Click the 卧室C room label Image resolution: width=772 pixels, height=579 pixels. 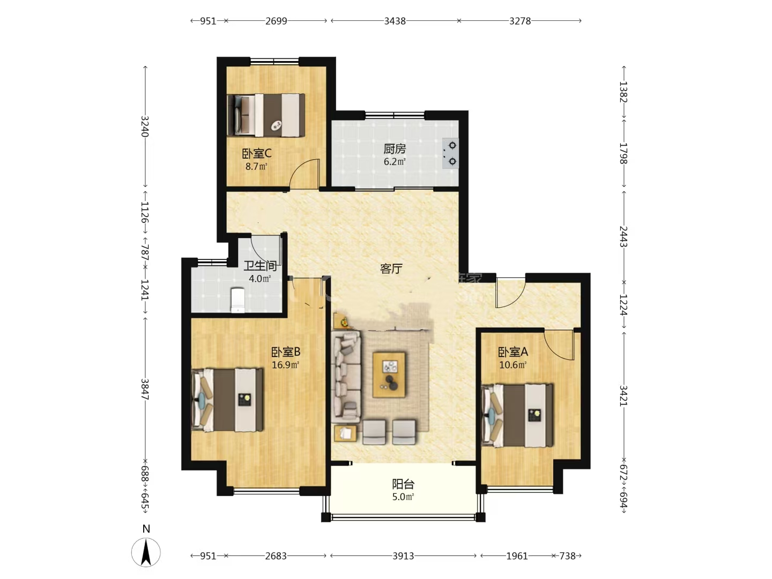pos(256,154)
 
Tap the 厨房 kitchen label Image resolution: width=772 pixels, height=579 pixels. pos(394,149)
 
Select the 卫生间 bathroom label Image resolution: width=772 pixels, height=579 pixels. pos(260,266)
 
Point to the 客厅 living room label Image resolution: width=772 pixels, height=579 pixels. pos(391,269)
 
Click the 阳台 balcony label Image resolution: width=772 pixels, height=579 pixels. pos(403,485)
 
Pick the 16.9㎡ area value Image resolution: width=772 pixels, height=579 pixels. pos(285,365)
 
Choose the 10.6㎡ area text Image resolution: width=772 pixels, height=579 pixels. pos(513,365)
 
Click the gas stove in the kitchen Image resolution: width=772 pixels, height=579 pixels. pos(450,153)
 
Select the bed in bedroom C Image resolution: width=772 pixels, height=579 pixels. pos(266,115)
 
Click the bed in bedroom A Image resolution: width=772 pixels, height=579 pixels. pos(517,415)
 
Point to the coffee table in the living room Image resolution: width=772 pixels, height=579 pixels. pos(389,375)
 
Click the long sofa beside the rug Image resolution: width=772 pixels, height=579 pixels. pos(346,377)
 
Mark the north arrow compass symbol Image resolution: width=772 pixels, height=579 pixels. pos(146,552)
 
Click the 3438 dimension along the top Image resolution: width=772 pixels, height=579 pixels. pos(395,21)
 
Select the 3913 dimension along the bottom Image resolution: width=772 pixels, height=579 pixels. pos(403,556)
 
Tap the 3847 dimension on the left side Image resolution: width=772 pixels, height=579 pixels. pos(145,389)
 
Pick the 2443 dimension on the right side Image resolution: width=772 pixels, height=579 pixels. pos(623,236)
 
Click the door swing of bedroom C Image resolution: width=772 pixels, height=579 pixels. pos(305,174)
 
